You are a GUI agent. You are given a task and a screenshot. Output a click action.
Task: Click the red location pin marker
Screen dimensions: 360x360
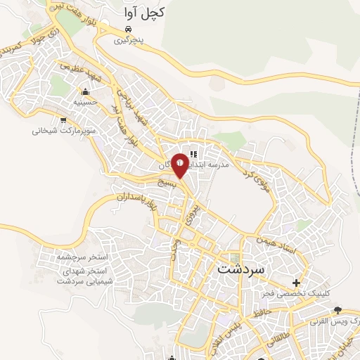click(x=181, y=164)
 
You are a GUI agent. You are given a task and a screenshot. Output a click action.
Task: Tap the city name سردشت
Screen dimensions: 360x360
click(x=240, y=269)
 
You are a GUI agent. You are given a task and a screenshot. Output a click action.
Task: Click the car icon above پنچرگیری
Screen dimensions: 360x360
click(x=128, y=29)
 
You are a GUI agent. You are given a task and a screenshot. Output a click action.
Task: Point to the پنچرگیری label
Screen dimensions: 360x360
click(x=131, y=40)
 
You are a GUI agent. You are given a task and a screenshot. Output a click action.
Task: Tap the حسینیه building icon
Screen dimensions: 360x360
click(x=86, y=91)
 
